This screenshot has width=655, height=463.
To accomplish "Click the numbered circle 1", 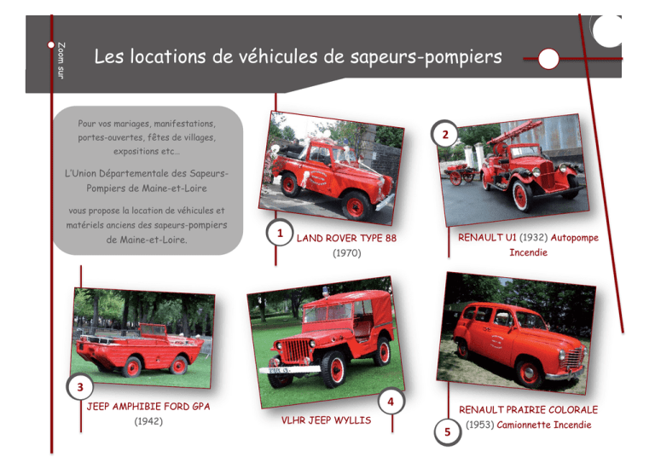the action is pos(280,233).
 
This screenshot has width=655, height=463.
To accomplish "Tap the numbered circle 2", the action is pos(445,134).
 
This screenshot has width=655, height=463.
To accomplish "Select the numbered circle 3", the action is pos(80,386).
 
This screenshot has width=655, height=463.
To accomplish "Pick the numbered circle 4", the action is pos(391,402).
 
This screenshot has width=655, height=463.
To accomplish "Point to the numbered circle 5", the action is pos(448,431).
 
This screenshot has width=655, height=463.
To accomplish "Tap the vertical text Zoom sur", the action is pos(61,61).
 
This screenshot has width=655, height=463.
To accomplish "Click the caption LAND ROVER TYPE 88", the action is pos(346,238).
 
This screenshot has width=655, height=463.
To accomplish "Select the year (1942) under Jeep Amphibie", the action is pos(148,421).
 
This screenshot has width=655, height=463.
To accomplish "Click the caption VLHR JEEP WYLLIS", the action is pos(326,420).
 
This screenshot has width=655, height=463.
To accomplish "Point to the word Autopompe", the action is pos(574,238).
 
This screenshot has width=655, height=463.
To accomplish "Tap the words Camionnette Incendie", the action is pos(544,425).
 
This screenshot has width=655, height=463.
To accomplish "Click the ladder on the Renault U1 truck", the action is pos(515,131).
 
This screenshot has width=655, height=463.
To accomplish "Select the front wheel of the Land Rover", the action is pos(355,205).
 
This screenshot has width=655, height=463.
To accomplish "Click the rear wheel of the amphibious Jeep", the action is pos(133,367).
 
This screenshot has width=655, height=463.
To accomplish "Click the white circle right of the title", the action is pos(548,59).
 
